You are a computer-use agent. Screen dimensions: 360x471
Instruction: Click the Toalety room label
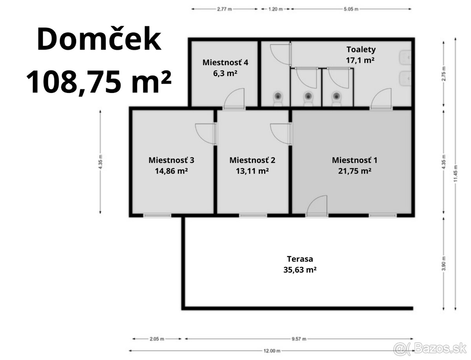pyautogui.click(x=361, y=49)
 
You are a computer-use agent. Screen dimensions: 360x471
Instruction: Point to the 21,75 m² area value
pyautogui.click(x=354, y=171)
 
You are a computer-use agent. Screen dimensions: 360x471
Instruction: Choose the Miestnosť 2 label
pyautogui.click(x=252, y=160)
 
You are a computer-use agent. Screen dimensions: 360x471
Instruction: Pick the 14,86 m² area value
pyautogui.click(x=171, y=171)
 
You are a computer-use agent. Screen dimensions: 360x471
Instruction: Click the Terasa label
pyautogui.click(x=300, y=259)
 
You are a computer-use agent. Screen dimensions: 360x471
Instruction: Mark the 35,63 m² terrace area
pyautogui.click(x=300, y=270)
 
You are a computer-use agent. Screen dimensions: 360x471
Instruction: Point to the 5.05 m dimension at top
pyautogui.click(x=351, y=9)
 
